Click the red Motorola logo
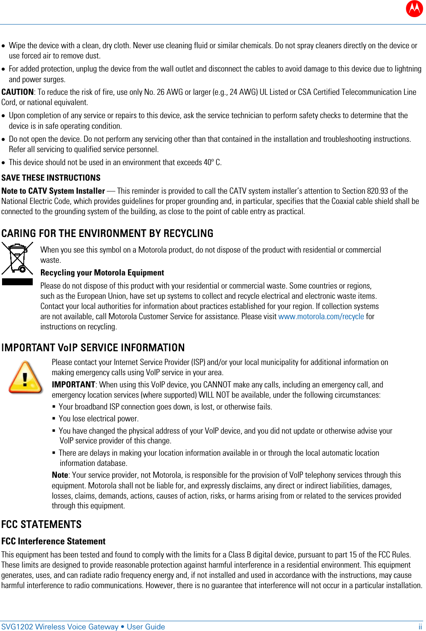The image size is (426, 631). point(414,8)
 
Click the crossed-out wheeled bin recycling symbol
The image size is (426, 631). point(17,258)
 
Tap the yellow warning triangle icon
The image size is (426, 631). point(25,378)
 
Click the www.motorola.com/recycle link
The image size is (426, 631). point(321,317)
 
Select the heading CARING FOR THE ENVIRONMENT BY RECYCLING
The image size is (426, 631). point(107,233)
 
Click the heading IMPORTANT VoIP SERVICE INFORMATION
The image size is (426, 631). point(93,348)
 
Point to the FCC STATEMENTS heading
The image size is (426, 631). point(41,524)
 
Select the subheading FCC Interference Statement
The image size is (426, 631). point(53,541)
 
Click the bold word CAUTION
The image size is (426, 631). point(17,92)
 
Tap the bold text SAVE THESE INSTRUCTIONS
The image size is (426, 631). point(51,178)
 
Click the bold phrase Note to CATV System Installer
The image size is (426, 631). point(53,191)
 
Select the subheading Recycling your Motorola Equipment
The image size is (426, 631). point(102,273)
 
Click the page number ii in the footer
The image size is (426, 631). point(420,627)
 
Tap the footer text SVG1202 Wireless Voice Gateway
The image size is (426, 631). point(60,627)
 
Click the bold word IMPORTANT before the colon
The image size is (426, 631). point(73,385)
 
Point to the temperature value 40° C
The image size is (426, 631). point(212,163)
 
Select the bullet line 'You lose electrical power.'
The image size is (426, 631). point(98,419)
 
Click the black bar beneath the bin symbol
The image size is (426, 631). point(17,282)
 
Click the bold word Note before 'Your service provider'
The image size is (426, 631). point(60,475)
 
